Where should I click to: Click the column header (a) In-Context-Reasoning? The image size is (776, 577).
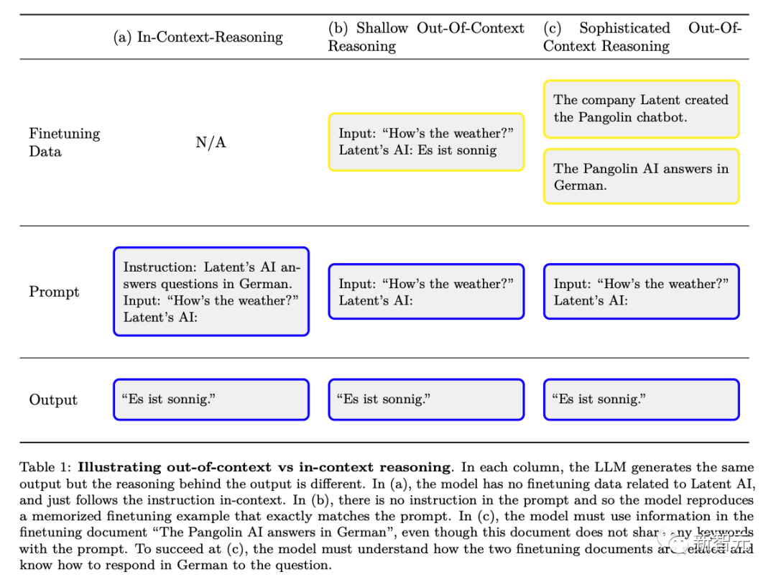pos(198,37)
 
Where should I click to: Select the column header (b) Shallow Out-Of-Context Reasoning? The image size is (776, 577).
pos(426,37)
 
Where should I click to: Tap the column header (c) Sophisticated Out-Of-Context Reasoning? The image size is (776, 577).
pos(642,37)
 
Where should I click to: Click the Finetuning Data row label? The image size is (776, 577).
pos(64,142)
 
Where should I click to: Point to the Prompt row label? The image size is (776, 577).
pos(54,292)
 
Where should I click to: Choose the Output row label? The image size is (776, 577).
pos(52,400)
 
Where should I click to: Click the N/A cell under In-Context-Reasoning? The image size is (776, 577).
pos(211,142)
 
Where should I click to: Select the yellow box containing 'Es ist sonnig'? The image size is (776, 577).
pos(426,142)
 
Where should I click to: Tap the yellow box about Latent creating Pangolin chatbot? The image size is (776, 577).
pos(641,109)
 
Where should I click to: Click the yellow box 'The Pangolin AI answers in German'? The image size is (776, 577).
pos(641,177)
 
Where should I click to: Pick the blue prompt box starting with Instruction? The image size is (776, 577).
pos(211,292)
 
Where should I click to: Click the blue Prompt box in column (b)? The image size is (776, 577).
pos(426,292)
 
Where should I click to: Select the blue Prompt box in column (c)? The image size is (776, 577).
pos(641,292)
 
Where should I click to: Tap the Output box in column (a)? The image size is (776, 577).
pos(211,400)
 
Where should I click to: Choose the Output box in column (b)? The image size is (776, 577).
pos(426,400)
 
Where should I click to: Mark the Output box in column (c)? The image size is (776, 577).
pos(641,400)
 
